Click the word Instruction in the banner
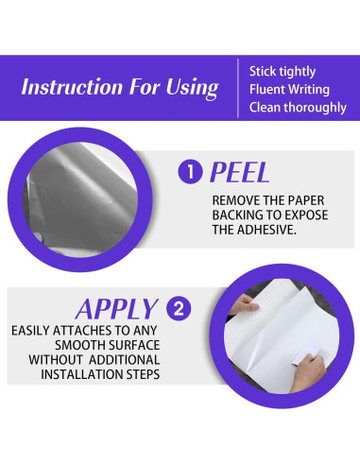coord(72,87)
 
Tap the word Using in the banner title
coord(192,89)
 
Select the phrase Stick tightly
coord(283,72)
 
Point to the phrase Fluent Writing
coord(289,90)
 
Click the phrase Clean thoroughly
coord(298,108)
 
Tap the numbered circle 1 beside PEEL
coord(190,172)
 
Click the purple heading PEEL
coord(239,172)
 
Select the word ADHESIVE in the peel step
coord(267,230)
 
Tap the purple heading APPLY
coord(116,309)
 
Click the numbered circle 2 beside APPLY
coord(179,308)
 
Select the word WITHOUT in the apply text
coord(56,360)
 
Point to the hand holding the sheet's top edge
coord(243,304)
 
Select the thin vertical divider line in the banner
coord(238,88)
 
